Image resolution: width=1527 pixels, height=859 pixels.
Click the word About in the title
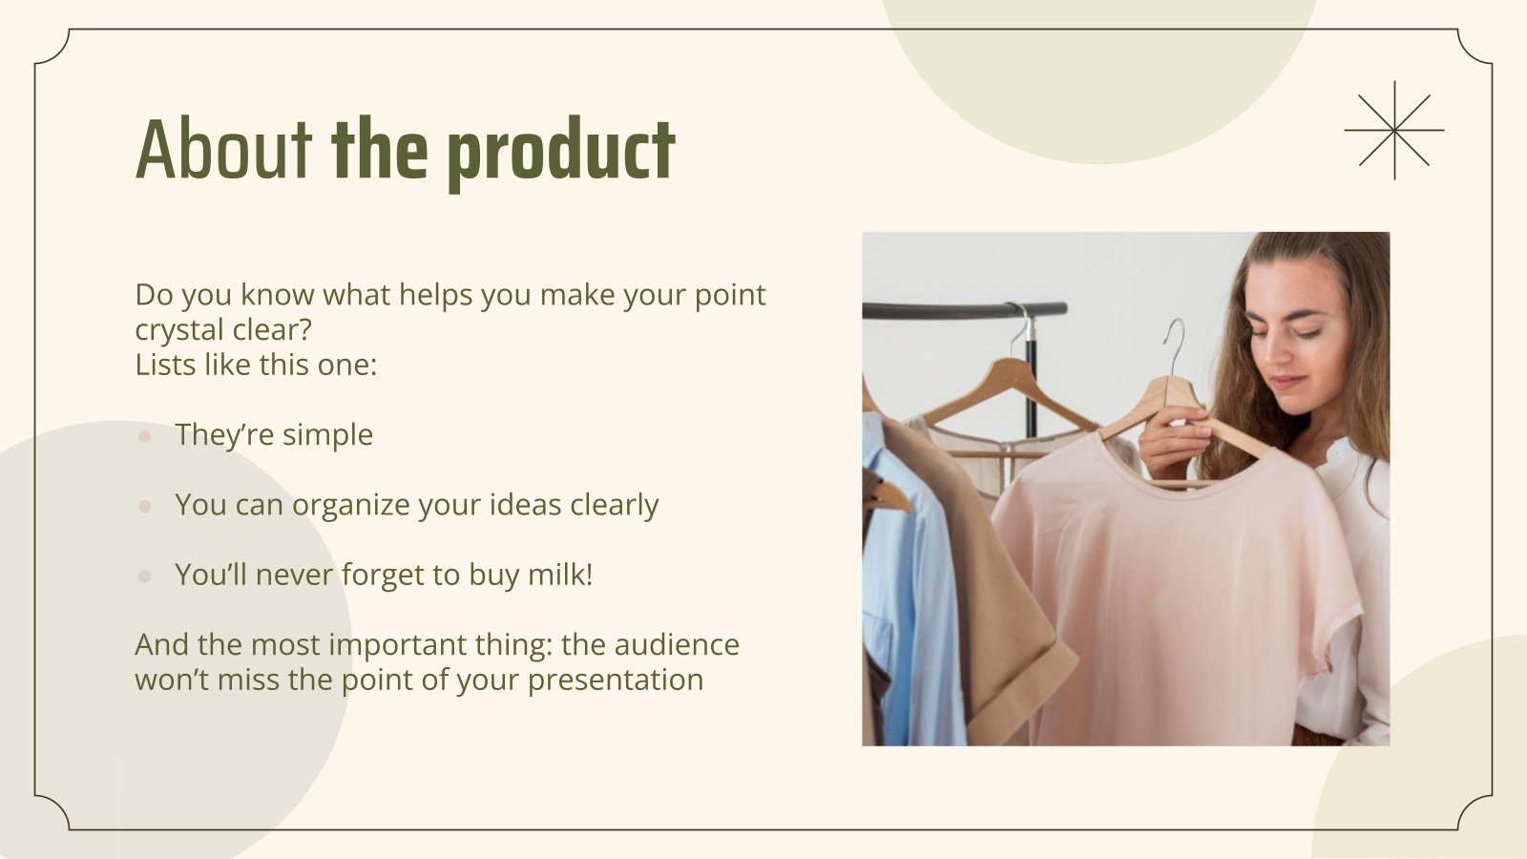(223, 150)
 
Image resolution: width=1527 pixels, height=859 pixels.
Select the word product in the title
(560, 153)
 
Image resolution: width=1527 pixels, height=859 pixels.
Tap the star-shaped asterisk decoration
(1393, 130)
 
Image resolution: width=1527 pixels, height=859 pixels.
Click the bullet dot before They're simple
(145, 436)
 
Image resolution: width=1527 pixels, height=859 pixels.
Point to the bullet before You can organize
(145, 506)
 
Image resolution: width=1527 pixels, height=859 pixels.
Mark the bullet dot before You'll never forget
(145, 576)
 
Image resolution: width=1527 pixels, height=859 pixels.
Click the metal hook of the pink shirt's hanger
(1176, 344)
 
